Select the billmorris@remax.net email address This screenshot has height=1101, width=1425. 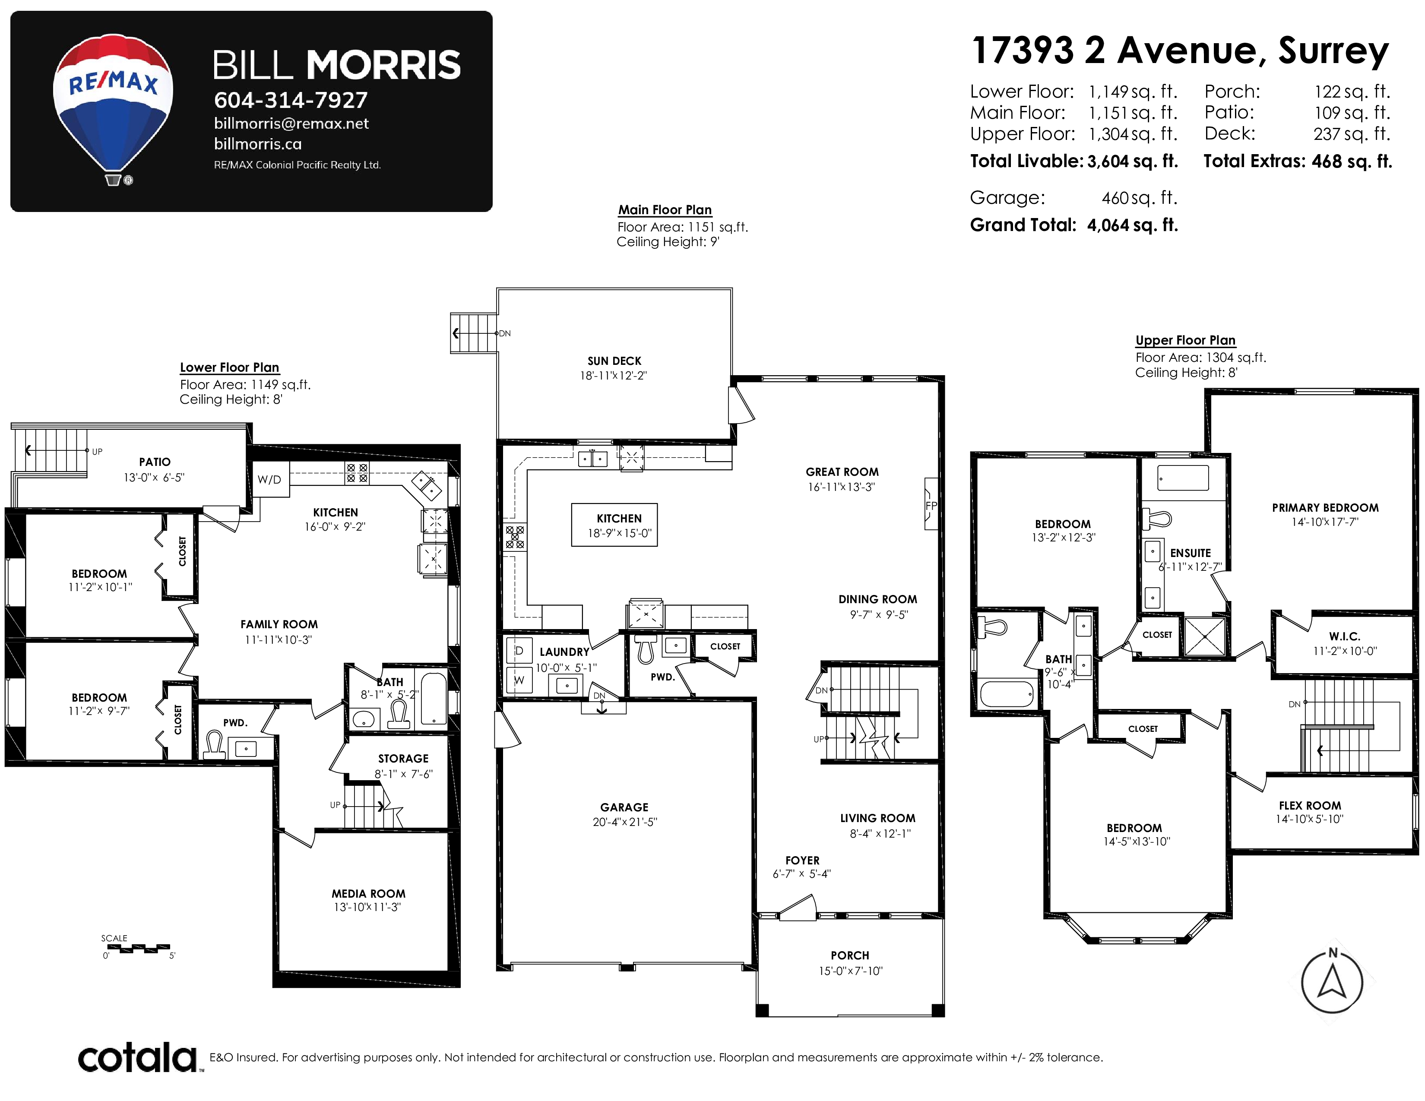[291, 123]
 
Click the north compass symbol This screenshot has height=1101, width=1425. [1332, 981]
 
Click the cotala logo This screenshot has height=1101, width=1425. [138, 1057]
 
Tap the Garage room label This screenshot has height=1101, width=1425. [624, 807]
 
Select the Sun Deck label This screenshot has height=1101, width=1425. [614, 361]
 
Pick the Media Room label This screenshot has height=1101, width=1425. [368, 894]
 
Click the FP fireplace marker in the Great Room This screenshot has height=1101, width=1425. [931, 504]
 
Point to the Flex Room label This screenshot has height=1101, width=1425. [1310, 806]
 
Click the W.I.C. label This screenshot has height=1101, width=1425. [1344, 636]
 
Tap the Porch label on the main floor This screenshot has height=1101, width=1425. [849, 955]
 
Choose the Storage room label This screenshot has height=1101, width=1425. [403, 759]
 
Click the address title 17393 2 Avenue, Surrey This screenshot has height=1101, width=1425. [1180, 51]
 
